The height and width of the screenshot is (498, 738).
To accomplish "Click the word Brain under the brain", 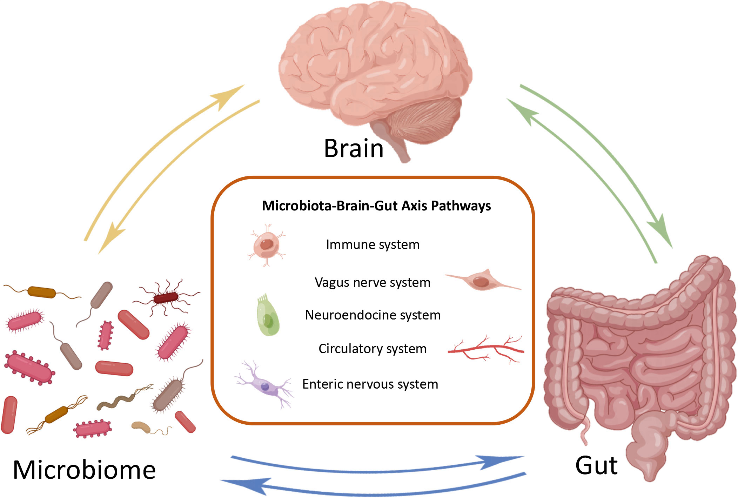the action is pyautogui.click(x=354, y=148).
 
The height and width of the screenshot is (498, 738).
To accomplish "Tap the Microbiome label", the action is pyautogui.click(x=84, y=470).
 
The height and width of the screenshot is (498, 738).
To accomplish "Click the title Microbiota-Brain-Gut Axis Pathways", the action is pyautogui.click(x=376, y=206).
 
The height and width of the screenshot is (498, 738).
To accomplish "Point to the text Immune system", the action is pyautogui.click(x=373, y=244).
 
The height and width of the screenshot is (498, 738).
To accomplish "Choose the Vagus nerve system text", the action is pyautogui.click(x=373, y=282).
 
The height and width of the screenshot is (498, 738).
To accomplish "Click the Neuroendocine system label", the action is pyautogui.click(x=373, y=315).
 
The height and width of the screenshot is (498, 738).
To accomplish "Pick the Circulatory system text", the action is pyautogui.click(x=373, y=349).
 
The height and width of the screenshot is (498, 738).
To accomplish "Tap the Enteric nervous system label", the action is pyautogui.click(x=370, y=384).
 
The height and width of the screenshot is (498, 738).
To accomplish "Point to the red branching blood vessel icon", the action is pyautogui.click(x=486, y=349).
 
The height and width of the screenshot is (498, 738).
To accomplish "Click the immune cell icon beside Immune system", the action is pyautogui.click(x=267, y=245).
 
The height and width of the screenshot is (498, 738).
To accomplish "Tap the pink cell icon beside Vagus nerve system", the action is pyautogui.click(x=482, y=281).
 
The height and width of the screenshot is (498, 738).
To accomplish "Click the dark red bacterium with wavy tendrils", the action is pyautogui.click(x=166, y=298).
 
